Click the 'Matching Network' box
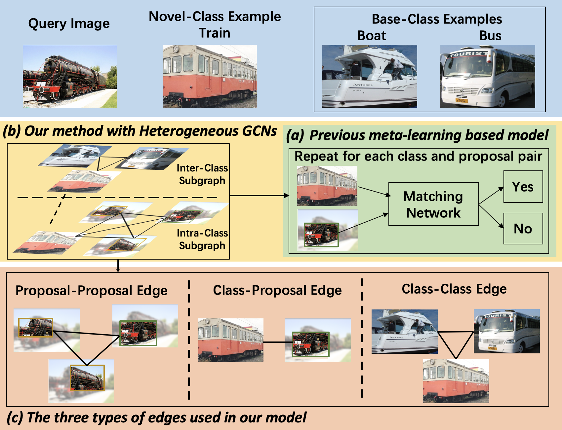433,204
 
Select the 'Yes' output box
523,187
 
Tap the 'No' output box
523,229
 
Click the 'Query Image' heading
69,24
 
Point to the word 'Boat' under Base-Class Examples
372,36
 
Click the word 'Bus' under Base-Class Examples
490,36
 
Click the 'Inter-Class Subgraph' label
202,174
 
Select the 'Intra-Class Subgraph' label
202,239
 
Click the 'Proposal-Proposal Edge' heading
92,291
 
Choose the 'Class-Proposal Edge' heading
277,290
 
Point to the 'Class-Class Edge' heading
454,289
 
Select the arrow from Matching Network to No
491,216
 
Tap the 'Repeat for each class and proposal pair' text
418,156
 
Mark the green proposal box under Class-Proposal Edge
311,344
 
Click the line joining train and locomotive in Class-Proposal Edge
278,342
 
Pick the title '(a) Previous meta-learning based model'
417,135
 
